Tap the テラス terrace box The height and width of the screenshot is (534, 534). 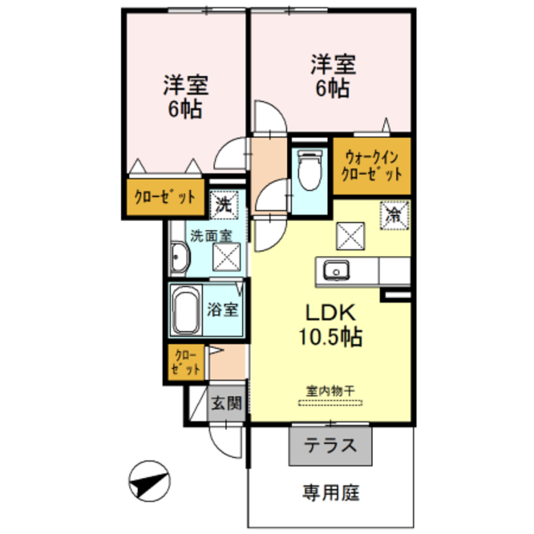tap(330, 445)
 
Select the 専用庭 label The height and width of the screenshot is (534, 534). tap(330, 492)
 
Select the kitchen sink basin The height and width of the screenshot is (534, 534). tap(336, 270)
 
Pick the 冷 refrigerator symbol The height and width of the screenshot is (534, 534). tap(395, 214)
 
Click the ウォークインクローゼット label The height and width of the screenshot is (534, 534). tap(372, 164)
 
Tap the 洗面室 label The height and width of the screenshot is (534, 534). tap(210, 235)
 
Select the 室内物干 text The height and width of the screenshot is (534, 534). tap(330, 389)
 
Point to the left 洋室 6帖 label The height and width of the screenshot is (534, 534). tap(185, 97)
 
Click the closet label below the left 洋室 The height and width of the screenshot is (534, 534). tap(165, 198)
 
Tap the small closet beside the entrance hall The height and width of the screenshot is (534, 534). tap(186, 362)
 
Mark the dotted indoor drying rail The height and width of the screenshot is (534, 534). tap(330, 402)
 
